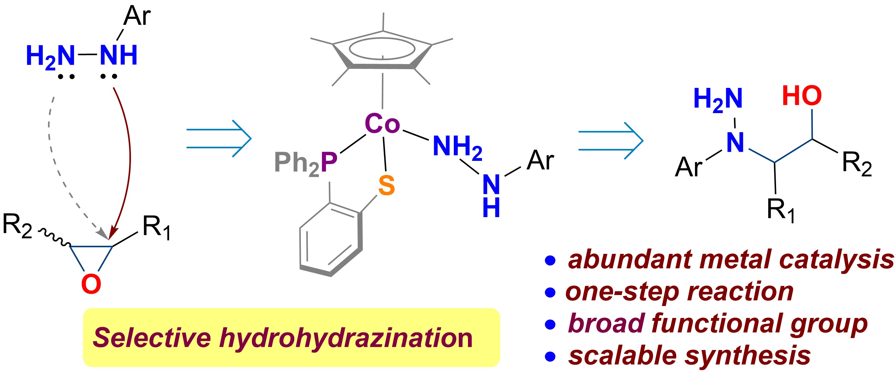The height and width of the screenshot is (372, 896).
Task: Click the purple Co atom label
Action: [382, 123]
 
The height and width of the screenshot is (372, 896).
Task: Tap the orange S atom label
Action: [386, 185]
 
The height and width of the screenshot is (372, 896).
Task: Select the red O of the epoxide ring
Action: [91, 284]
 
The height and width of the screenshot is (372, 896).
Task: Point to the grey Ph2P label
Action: [305, 163]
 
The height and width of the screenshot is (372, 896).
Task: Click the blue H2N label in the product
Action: [718, 100]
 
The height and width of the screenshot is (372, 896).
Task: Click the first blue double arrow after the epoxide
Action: [219, 139]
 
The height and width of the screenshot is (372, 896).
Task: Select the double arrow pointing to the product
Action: [611, 140]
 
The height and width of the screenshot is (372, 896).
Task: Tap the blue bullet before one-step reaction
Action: [550, 292]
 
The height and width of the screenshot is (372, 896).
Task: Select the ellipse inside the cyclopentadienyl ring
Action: [382, 49]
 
